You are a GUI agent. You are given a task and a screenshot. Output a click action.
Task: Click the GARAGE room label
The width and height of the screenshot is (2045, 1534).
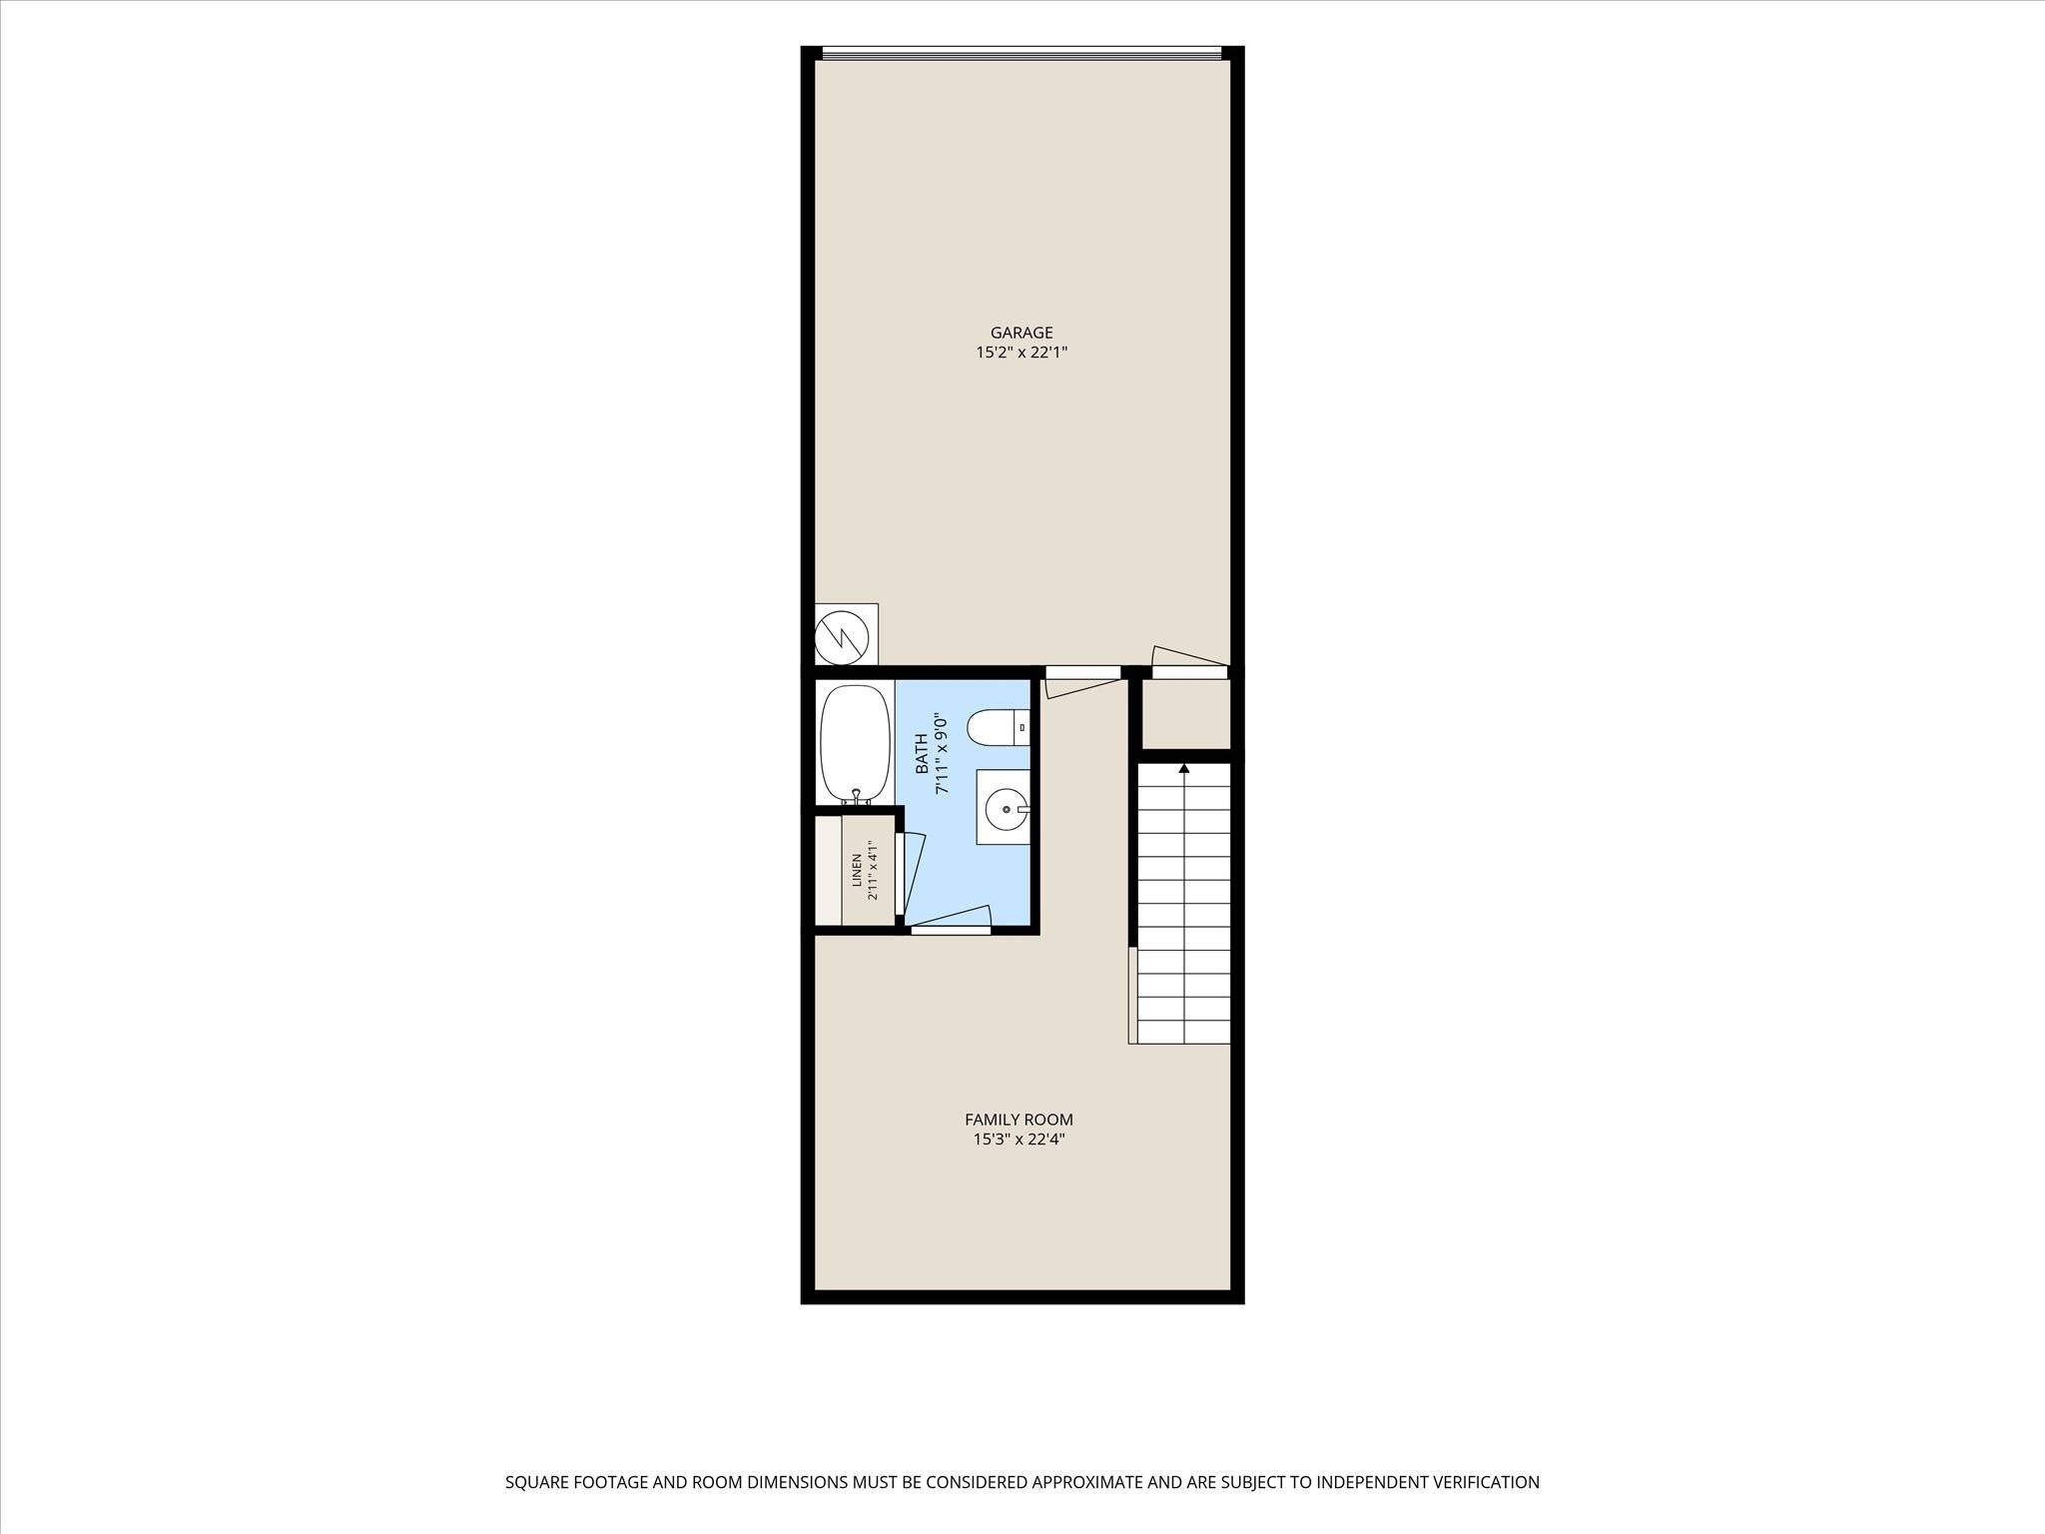click(x=1022, y=333)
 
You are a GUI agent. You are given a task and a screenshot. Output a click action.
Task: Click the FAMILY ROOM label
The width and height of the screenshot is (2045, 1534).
click(x=1019, y=1120)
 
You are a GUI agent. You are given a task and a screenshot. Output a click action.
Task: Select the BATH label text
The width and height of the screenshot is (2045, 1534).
click(x=922, y=754)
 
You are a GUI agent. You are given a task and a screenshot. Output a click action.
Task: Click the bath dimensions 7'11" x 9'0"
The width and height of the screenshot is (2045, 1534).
click(x=940, y=754)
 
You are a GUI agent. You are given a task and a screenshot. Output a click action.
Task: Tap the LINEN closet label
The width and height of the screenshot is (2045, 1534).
click(x=857, y=871)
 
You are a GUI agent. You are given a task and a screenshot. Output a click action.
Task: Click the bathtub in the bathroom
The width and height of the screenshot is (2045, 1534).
click(x=855, y=744)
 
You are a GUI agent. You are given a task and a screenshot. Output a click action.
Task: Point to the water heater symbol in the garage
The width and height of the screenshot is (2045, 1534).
click(x=846, y=634)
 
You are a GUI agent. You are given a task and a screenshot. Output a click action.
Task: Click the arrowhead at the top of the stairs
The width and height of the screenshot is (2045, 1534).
click(x=1184, y=769)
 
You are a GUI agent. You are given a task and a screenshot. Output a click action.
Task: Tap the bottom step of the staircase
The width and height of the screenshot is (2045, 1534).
click(x=1184, y=1033)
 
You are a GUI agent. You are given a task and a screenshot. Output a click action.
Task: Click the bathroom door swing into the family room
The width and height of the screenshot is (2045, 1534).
click(x=949, y=919)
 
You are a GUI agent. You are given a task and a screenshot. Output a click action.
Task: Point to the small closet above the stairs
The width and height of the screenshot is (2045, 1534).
click(x=1186, y=714)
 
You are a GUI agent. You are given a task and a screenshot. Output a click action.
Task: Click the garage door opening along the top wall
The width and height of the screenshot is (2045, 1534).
click(x=1022, y=53)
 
